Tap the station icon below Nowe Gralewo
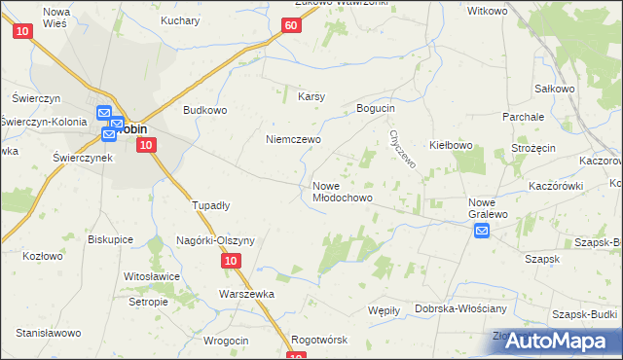pyautogui.click(x=482, y=231)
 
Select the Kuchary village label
pyautogui.click(x=181, y=20)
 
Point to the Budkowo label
pyautogui.click(x=205, y=110)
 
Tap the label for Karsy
pyautogui.click(x=311, y=96)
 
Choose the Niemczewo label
pyautogui.click(x=294, y=139)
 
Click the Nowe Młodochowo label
pyautogui.click(x=343, y=192)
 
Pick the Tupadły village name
pyautogui.click(x=210, y=205)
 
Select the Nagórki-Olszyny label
pyautogui.click(x=215, y=240)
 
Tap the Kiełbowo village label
pyautogui.click(x=451, y=146)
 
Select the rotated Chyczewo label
pyautogui.click(x=402, y=150)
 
